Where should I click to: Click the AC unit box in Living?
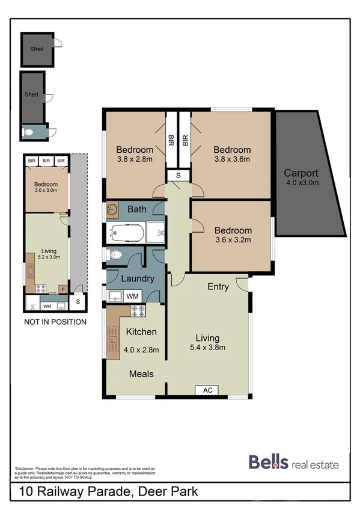coord(208,390)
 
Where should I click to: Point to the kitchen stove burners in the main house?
coord(138,311)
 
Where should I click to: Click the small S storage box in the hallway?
coord(178,175)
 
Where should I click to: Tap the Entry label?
coord(218,287)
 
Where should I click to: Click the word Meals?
coord(141,373)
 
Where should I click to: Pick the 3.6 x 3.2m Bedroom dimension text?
coord(233,241)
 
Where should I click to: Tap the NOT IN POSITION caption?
coord(55,322)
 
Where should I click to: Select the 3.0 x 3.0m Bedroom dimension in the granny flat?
coord(46,191)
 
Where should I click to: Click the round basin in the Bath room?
coord(112,210)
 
